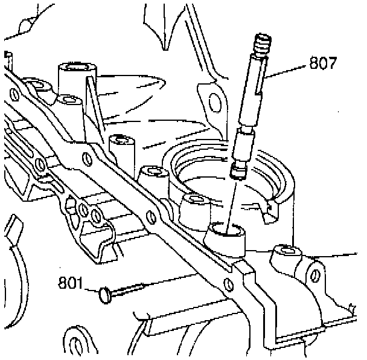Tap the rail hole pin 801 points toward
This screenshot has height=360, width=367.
pos(227,284)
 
